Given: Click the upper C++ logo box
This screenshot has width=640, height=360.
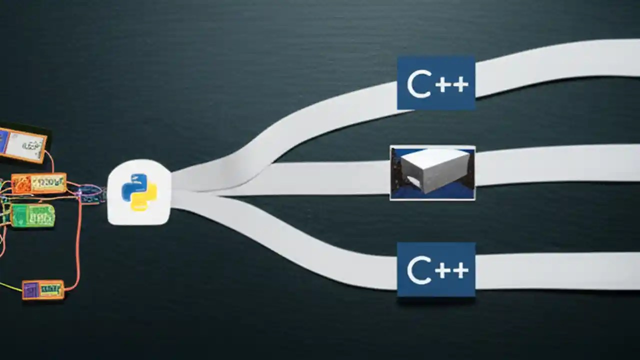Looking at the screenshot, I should click(x=436, y=83).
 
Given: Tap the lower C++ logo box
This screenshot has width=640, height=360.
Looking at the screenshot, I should click(x=436, y=270).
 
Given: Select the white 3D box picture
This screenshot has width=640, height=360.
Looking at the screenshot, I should click(x=432, y=173).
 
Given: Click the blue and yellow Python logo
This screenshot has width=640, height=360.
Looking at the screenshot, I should click(x=139, y=192).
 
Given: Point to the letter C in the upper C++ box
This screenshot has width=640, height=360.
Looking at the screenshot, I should click(x=419, y=84).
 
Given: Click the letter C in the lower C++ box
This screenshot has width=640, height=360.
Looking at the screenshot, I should click(x=419, y=271).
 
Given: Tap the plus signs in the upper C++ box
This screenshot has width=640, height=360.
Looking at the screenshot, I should click(x=452, y=84).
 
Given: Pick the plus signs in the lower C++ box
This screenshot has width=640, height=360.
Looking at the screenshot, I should click(x=452, y=271).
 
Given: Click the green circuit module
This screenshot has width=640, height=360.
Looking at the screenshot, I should click(x=33, y=215).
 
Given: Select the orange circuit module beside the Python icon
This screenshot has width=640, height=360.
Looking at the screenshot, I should click(x=39, y=183).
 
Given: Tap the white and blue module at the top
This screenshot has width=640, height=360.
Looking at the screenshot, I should click(x=23, y=145).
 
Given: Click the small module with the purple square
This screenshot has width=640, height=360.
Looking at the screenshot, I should click(x=43, y=289).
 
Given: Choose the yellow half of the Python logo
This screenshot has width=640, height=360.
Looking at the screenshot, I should click(x=145, y=199).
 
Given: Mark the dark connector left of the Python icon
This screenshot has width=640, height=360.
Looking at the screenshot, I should click(x=91, y=193).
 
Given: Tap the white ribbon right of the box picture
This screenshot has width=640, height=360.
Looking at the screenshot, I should click(x=555, y=163).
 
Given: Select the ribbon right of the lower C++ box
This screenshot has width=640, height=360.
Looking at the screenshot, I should click(x=555, y=270).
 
